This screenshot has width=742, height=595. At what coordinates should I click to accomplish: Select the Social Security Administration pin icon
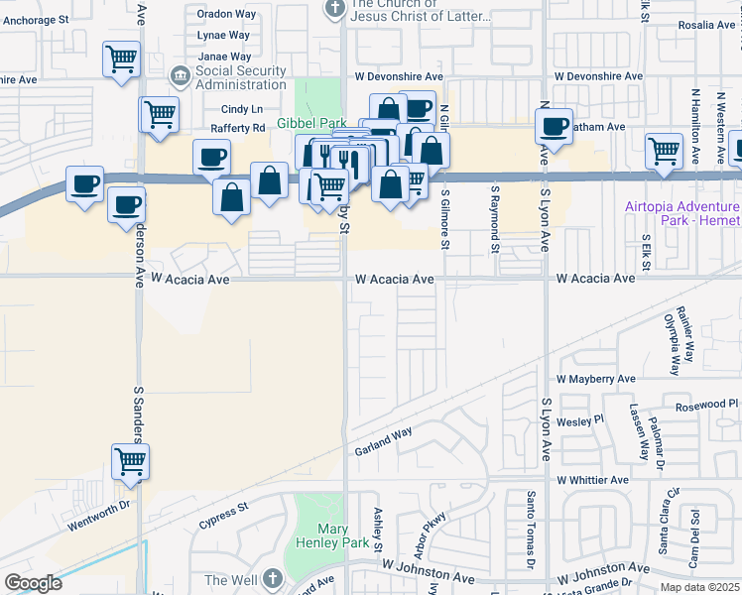[x=179, y=74]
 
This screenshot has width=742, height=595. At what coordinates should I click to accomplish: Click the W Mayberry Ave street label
[x=595, y=379]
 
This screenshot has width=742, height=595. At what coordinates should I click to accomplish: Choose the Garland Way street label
[x=384, y=442]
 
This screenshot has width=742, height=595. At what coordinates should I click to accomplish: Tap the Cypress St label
[x=222, y=517]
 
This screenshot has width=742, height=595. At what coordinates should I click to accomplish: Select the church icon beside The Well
[x=273, y=580]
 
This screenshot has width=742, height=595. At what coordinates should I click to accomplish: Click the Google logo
[x=33, y=583]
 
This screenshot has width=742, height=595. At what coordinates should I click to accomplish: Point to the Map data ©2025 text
[x=699, y=587]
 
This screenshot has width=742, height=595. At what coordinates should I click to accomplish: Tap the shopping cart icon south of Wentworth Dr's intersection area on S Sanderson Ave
[x=130, y=462]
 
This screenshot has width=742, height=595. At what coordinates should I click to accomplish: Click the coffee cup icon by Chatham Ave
[x=555, y=127]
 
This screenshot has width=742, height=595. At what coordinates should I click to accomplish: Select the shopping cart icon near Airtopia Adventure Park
[x=664, y=151]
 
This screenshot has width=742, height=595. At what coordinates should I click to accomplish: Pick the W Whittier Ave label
[x=592, y=480]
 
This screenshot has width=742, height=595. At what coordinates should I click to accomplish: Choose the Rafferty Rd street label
[x=237, y=128]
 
